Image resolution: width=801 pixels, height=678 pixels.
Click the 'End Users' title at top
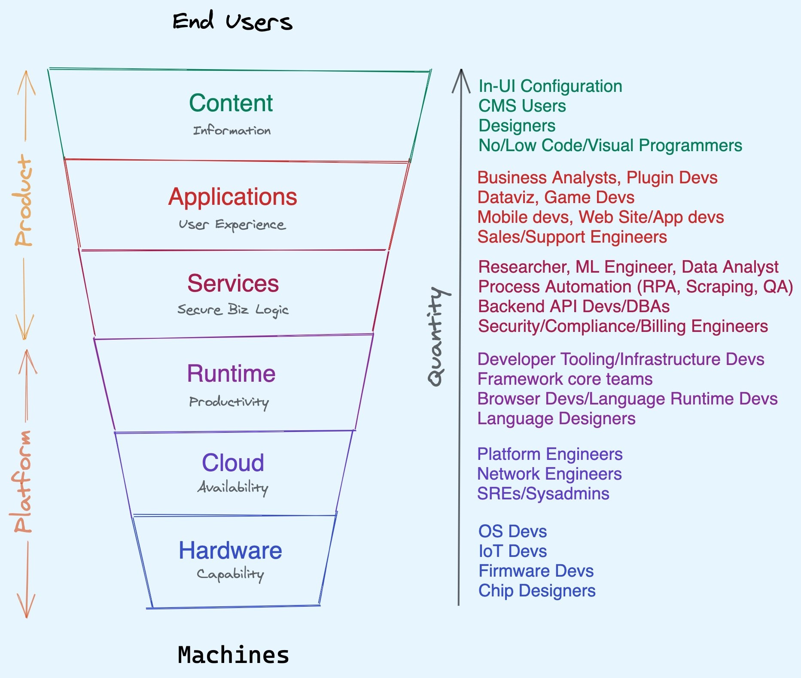(x=232, y=21)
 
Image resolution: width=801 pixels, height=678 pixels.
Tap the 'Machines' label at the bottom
(x=233, y=655)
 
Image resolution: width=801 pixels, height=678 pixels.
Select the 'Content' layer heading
(x=231, y=103)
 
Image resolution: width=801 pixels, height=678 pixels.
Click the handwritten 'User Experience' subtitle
(x=232, y=225)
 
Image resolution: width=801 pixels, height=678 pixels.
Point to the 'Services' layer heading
(x=233, y=283)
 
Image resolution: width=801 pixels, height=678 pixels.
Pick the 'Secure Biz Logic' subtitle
(x=233, y=310)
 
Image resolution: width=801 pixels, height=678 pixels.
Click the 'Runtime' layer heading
(x=231, y=373)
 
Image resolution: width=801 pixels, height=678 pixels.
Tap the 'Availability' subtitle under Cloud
(x=233, y=487)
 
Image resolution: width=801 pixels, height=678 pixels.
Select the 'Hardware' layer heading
(x=230, y=550)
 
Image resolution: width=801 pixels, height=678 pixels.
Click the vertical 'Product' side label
(x=24, y=200)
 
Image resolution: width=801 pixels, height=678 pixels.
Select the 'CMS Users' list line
(x=522, y=106)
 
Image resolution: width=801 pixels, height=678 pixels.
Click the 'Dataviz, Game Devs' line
(x=556, y=198)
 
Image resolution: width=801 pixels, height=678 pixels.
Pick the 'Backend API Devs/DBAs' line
(x=574, y=307)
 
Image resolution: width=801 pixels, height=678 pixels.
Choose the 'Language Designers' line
(x=556, y=419)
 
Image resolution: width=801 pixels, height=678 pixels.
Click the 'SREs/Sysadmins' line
(x=543, y=494)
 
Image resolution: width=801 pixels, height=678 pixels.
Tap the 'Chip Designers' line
(x=537, y=591)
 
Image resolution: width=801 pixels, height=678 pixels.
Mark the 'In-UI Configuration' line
(x=550, y=86)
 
